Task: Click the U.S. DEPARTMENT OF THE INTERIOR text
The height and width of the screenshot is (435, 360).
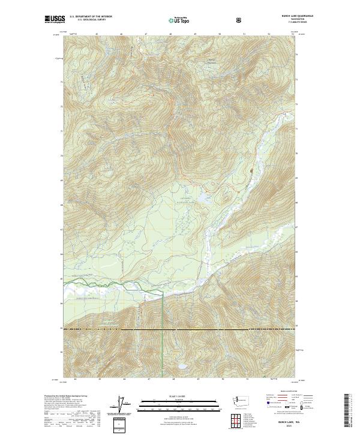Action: tap(91, 17)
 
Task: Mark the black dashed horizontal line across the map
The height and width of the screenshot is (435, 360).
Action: tap(180, 329)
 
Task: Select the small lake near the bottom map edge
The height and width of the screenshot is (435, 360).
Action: tap(181, 365)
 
